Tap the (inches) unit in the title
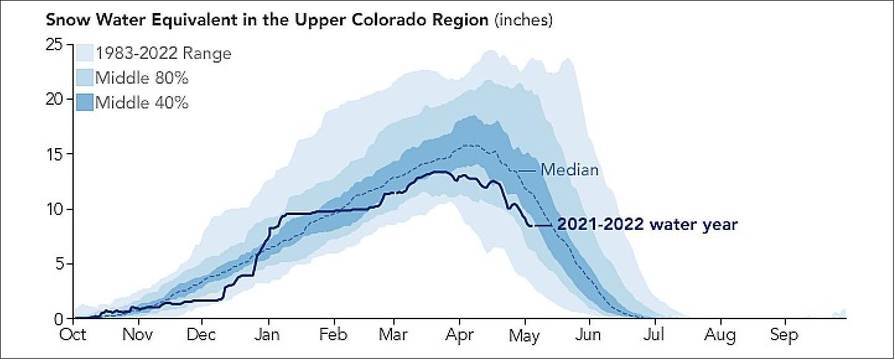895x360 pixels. (523, 20)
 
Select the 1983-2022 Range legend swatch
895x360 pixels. (84, 53)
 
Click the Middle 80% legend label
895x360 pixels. (142, 78)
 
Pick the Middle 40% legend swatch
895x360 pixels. (84, 102)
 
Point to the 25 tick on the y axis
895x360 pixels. (55, 45)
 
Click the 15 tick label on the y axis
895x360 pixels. (55, 154)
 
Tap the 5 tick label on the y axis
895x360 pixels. (59, 264)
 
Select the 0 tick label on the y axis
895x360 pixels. (59, 318)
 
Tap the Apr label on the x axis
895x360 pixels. (460, 335)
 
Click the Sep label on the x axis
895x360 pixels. (784, 335)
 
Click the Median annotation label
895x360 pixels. (569, 169)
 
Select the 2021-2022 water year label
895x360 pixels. (647, 224)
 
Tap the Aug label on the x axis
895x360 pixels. (719, 335)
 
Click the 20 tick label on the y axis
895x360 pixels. (55, 99)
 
